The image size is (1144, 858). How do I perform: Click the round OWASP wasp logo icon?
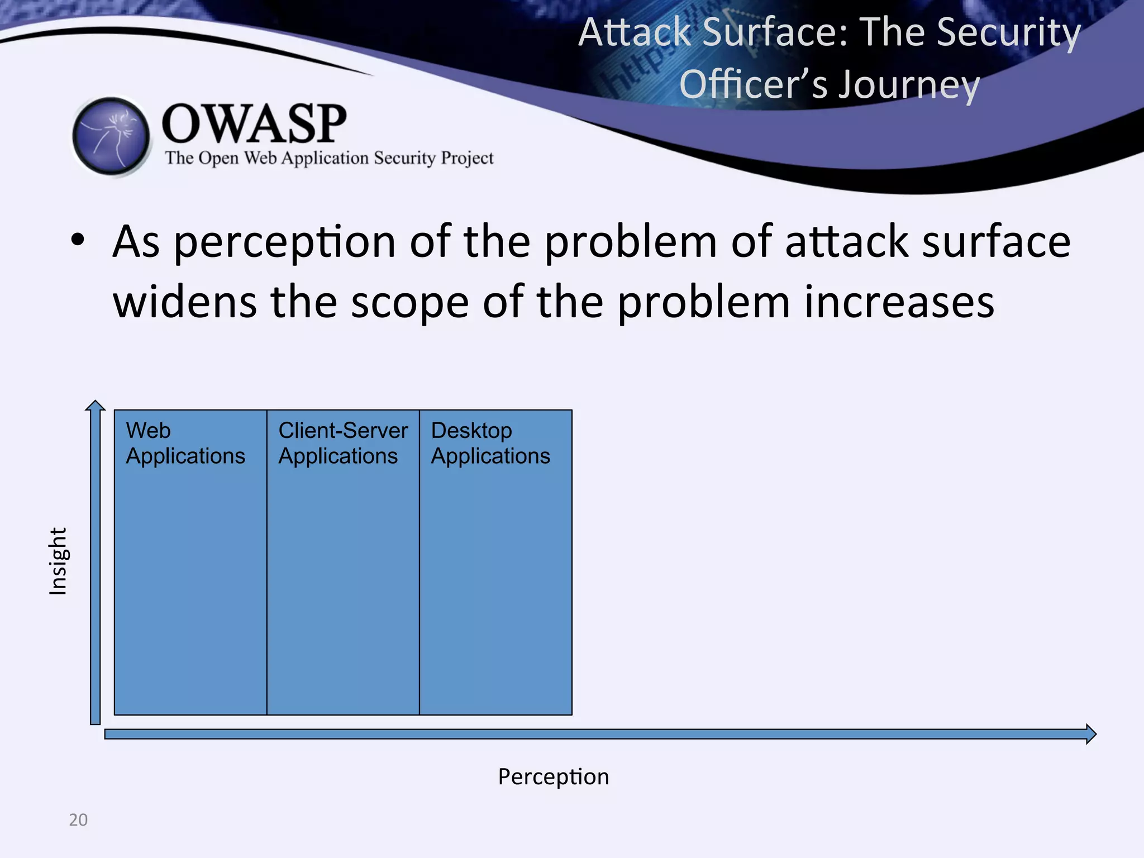pos(112,136)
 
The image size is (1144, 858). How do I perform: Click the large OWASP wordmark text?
pos(254,123)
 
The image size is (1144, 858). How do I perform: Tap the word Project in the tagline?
pos(467,158)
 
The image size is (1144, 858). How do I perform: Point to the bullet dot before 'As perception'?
pos(78,241)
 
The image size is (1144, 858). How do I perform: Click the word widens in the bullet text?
pos(184,302)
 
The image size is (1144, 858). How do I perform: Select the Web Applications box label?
pos(185,443)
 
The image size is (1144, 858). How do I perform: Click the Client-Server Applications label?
pos(342,443)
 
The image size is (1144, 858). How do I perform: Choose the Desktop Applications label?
pos(490,443)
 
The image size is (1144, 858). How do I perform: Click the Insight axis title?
pos(58,561)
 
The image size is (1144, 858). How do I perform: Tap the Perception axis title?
pos(553,776)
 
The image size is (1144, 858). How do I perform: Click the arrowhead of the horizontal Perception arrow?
pos(1090,733)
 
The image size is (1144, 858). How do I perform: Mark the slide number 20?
pos(78,819)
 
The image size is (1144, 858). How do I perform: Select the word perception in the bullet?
pos(285,242)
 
